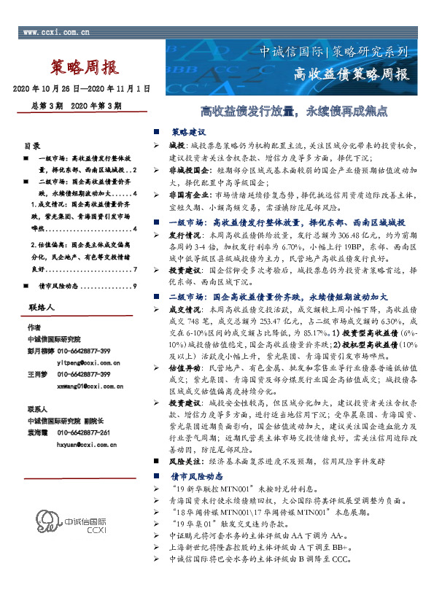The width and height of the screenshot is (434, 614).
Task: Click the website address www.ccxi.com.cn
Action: [57, 33]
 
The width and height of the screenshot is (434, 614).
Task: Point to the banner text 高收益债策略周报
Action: [350, 74]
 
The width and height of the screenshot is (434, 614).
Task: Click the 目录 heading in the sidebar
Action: [33, 145]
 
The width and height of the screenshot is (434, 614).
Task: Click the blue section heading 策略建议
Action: [189, 133]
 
